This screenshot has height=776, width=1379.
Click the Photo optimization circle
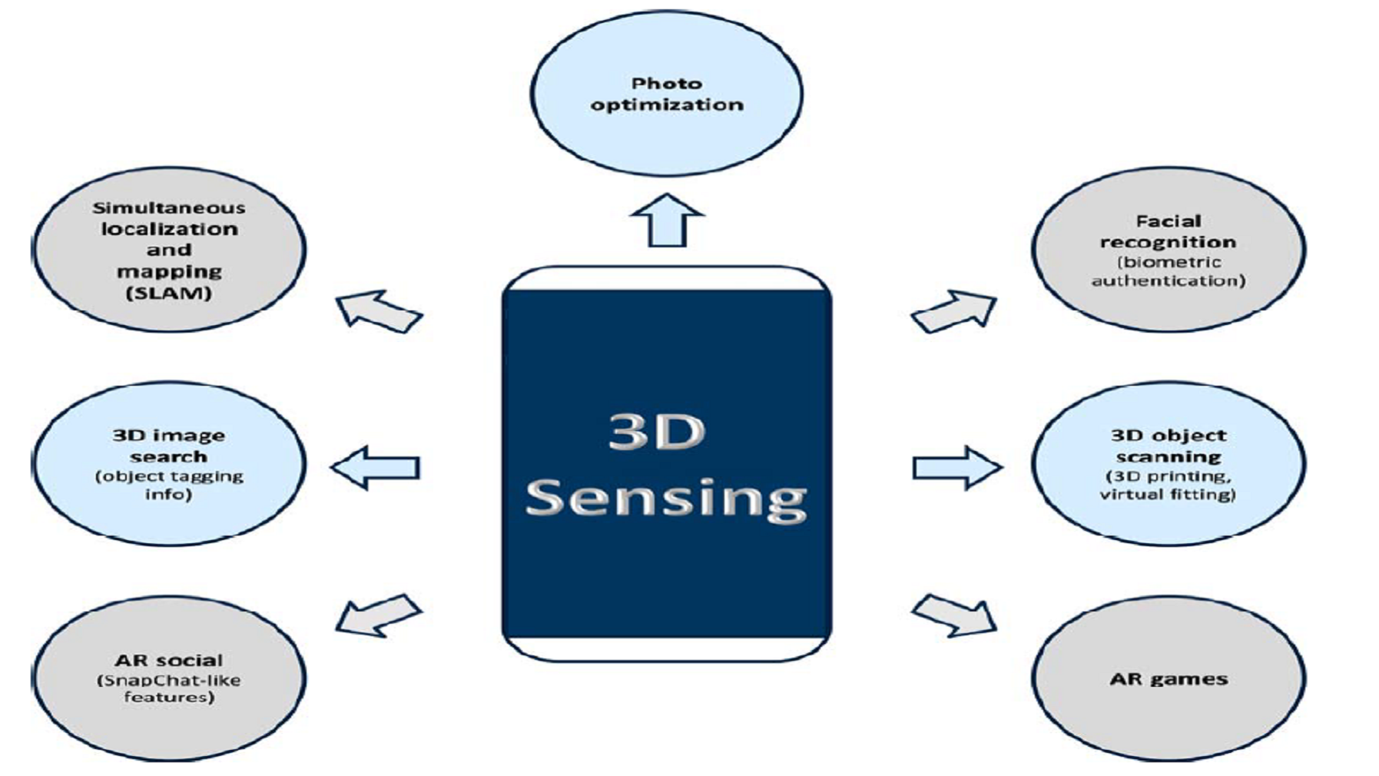coord(666,95)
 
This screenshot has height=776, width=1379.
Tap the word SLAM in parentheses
coord(169,293)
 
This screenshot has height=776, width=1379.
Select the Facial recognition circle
coord(1168,250)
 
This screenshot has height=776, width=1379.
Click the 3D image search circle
coord(169,464)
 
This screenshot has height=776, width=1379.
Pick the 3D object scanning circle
coord(1168,464)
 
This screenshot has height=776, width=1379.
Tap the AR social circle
coord(169,679)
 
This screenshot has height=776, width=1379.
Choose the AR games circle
coord(1168,679)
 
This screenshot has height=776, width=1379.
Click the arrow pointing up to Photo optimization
coord(667,221)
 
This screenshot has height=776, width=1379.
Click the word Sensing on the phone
coord(666,498)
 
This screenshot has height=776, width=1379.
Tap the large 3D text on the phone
coord(657,432)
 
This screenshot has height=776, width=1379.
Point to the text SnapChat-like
coord(169,681)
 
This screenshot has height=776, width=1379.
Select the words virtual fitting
coord(1168,494)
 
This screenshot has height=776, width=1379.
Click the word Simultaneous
coord(169,207)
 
